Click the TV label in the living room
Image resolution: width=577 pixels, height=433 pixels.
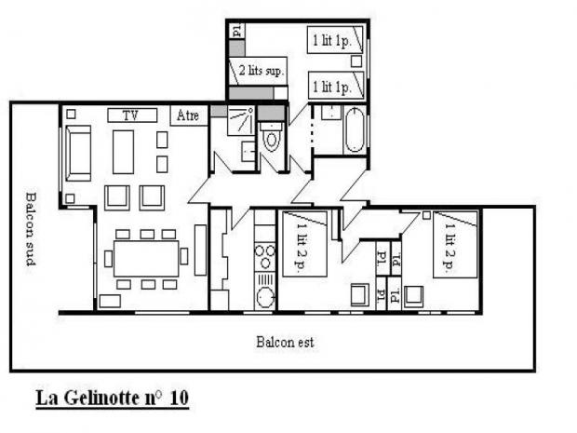click(x=132, y=115)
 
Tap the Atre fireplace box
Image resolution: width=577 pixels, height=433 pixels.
click(x=189, y=115)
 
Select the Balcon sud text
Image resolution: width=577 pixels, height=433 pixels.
click(x=31, y=229)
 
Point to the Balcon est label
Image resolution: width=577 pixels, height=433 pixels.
click(x=285, y=342)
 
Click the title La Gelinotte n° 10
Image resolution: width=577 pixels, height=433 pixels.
click(x=113, y=398)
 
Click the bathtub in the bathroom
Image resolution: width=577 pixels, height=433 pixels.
click(x=355, y=130)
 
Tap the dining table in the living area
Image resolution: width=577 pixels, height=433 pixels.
click(x=146, y=259)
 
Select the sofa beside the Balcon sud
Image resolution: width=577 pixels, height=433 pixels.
click(x=78, y=153)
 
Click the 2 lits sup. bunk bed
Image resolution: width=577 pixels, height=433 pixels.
click(x=258, y=71)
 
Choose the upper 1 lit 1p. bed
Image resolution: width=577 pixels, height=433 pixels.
click(x=335, y=40)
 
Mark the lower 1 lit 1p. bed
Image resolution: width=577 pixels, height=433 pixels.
click(x=336, y=86)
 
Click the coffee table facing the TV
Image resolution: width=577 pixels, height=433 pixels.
click(x=123, y=152)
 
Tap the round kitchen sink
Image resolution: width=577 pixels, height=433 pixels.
click(x=265, y=297)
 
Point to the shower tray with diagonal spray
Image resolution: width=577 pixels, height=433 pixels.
click(x=240, y=120)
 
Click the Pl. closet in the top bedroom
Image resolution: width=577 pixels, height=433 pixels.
click(x=237, y=31)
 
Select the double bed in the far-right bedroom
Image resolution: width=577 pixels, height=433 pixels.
click(x=455, y=245)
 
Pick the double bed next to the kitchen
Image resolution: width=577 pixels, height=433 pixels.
click(x=304, y=244)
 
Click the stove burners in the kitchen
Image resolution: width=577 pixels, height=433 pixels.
click(x=265, y=257)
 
